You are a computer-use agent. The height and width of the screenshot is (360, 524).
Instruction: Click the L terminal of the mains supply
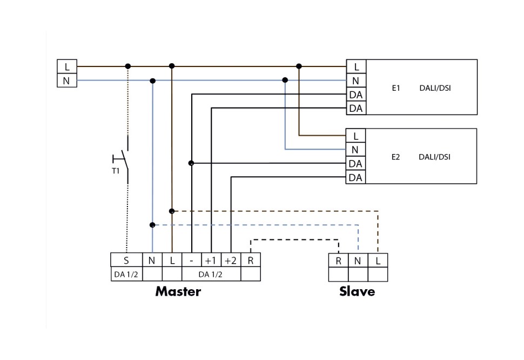(x=67, y=67)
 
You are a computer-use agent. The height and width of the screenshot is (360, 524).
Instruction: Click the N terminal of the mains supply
(x=67, y=81)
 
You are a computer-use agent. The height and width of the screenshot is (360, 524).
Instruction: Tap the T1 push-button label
(x=115, y=171)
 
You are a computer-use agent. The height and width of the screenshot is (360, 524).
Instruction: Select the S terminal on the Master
(x=126, y=260)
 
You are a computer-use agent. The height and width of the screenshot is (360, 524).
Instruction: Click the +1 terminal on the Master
(x=211, y=260)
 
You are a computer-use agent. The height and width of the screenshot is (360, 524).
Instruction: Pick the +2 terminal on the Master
(x=231, y=260)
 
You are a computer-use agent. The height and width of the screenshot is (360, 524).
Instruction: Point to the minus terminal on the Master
(x=192, y=260)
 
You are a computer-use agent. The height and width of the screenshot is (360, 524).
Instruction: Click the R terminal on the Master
(x=250, y=260)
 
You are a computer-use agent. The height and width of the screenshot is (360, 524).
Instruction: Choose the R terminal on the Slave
(x=338, y=261)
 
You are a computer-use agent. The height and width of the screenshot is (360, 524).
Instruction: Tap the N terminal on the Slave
(x=358, y=261)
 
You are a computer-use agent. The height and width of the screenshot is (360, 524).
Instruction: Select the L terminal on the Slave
(x=378, y=261)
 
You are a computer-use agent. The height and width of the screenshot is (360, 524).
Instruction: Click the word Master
(x=178, y=292)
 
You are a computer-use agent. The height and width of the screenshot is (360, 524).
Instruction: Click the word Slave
(x=357, y=292)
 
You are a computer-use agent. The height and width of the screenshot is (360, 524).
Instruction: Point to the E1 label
(x=395, y=88)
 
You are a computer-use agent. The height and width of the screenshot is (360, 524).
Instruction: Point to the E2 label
(x=395, y=157)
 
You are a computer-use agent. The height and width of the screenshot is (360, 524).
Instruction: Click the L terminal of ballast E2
(x=355, y=136)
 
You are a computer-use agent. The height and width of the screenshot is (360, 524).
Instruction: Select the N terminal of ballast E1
(x=355, y=81)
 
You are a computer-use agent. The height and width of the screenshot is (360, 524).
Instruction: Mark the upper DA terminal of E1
(x=355, y=95)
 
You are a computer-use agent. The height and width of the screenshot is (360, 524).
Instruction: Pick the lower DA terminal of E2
(x=355, y=177)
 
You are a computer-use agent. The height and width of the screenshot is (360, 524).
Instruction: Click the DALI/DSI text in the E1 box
(x=435, y=88)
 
